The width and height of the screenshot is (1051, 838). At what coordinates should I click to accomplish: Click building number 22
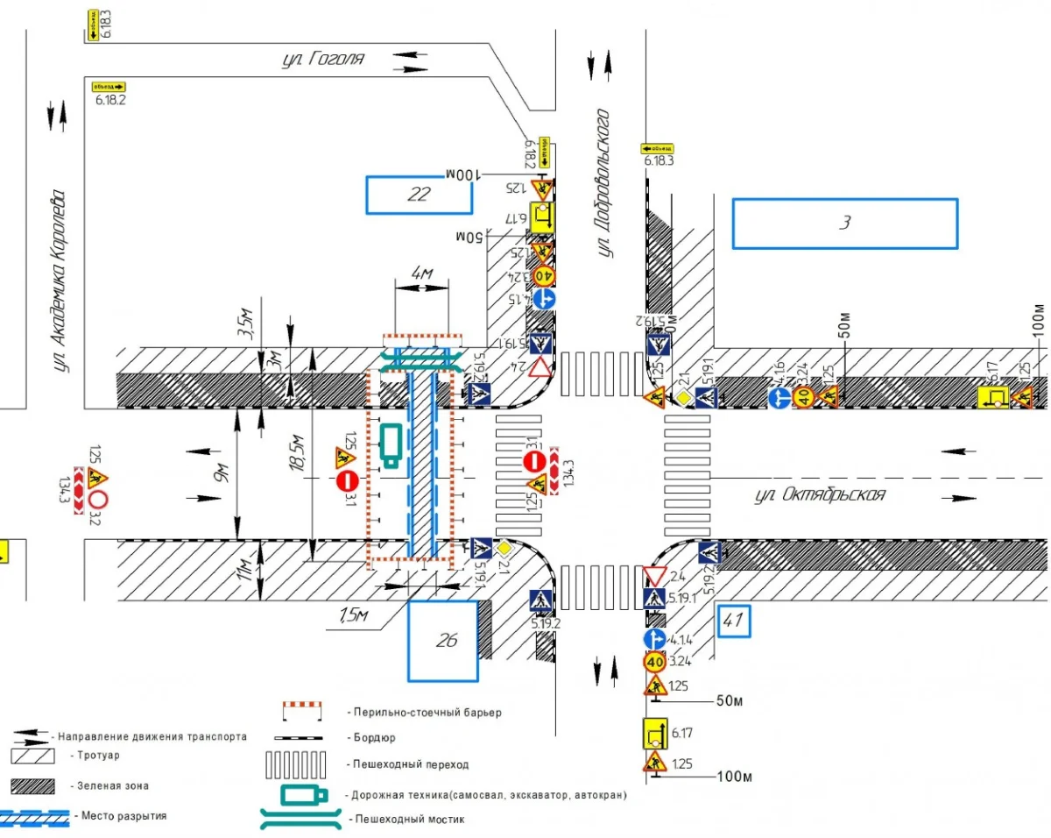[x=419, y=195]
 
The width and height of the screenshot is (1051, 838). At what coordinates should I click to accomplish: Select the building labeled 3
[x=845, y=223]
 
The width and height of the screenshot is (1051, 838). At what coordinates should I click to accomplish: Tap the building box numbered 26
[x=443, y=641]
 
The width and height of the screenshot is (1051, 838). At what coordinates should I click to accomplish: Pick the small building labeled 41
[x=733, y=622]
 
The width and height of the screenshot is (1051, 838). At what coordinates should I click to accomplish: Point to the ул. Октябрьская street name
[x=820, y=495]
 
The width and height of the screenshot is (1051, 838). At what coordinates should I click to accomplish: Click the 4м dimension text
[x=422, y=274]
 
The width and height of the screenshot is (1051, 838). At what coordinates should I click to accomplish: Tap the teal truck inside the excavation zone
[x=391, y=443]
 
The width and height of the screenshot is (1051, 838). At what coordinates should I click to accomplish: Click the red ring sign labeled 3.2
[x=96, y=500]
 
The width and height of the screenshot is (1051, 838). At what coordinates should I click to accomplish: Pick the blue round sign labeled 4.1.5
[x=544, y=299]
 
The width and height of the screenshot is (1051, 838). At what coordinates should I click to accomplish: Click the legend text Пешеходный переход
[x=407, y=764]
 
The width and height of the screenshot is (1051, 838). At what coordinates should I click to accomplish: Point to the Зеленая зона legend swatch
[x=40, y=785]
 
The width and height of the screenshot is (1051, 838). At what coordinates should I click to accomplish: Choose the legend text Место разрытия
[x=123, y=816]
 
